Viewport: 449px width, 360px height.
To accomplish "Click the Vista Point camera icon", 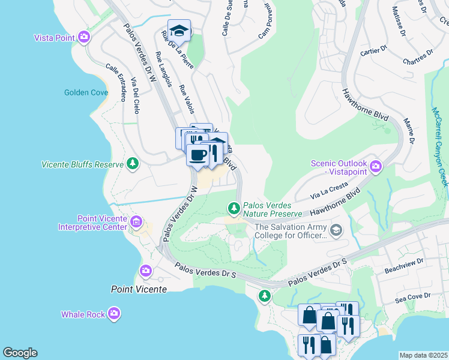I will (x=84, y=37).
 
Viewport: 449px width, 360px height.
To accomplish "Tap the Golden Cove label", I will (x=86, y=92).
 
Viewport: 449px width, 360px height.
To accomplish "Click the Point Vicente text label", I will (x=139, y=289).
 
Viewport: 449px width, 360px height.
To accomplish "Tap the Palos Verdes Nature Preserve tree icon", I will (x=234, y=208).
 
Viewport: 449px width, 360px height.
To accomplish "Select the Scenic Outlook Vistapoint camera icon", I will (x=376, y=166).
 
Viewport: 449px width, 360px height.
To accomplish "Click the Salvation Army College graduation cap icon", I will (x=336, y=230).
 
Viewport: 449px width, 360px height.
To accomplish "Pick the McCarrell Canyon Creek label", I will (x=439, y=146).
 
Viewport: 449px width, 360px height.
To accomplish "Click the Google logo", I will (x=20, y=353).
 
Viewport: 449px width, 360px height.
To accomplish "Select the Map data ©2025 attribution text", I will (x=423, y=355).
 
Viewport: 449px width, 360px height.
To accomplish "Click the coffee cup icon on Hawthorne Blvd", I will (x=197, y=155).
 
